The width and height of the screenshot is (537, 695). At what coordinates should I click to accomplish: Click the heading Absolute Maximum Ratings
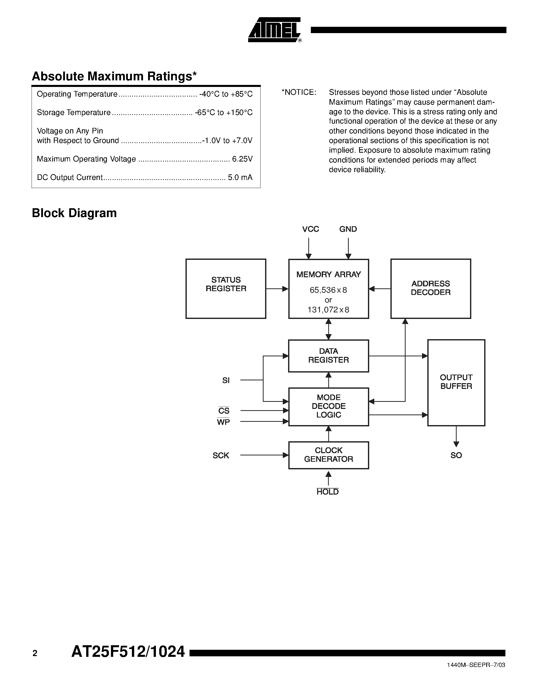(x=114, y=76)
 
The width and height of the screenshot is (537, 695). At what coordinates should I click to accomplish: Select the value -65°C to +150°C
(x=224, y=113)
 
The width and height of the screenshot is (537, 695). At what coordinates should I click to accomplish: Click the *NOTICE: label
(x=299, y=92)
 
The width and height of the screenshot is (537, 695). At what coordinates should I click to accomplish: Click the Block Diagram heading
(x=74, y=213)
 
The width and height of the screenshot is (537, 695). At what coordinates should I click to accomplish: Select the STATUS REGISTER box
(x=226, y=288)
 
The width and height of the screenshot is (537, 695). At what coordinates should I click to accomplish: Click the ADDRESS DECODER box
(x=430, y=288)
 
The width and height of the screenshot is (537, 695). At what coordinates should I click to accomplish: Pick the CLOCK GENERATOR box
(x=328, y=455)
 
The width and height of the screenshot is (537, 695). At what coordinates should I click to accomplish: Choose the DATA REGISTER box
(x=328, y=355)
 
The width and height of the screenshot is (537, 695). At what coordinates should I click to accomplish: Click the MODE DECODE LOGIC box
(x=328, y=406)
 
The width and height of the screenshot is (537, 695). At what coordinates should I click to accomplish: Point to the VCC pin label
(x=310, y=229)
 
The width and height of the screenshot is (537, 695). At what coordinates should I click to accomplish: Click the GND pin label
(x=348, y=229)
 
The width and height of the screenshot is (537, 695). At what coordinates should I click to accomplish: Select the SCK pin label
(x=221, y=455)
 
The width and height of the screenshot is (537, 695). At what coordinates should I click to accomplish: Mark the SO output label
(x=456, y=455)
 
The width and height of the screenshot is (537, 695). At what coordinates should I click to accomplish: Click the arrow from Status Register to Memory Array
(x=277, y=289)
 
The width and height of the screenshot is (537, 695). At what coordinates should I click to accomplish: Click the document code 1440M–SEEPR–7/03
(x=476, y=665)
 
